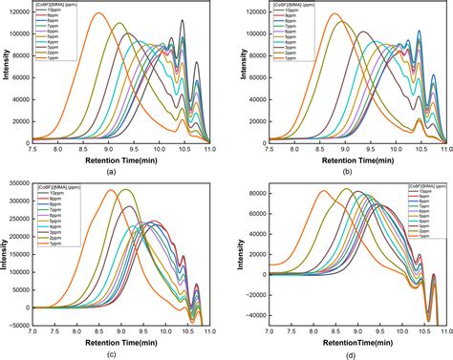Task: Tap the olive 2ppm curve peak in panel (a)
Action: coord(119,24)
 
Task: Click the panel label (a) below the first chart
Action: coord(113,172)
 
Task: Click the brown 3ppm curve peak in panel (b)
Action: coord(363,32)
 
